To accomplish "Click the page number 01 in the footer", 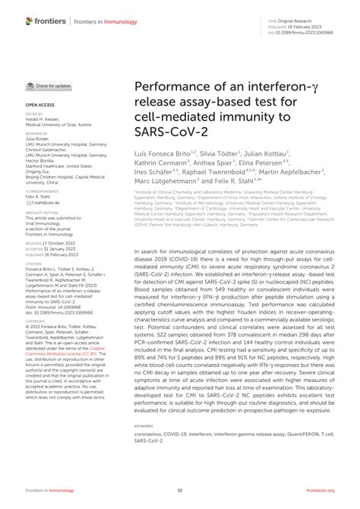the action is pos(180,492).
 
